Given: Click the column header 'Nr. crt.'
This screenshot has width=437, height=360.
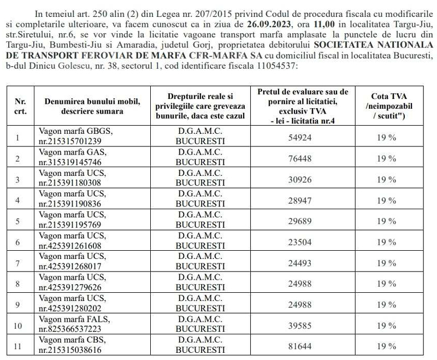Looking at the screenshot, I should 20,106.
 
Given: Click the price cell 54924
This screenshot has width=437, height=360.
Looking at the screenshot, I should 299,138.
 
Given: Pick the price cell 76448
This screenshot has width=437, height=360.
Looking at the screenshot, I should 299,158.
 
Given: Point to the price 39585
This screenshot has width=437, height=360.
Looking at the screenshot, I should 299,326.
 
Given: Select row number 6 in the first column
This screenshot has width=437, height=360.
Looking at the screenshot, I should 18,242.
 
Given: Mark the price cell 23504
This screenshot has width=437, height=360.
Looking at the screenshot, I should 299,242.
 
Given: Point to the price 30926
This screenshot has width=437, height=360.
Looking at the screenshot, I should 299,179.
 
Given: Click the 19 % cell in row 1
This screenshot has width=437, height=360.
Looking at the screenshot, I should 386,138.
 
